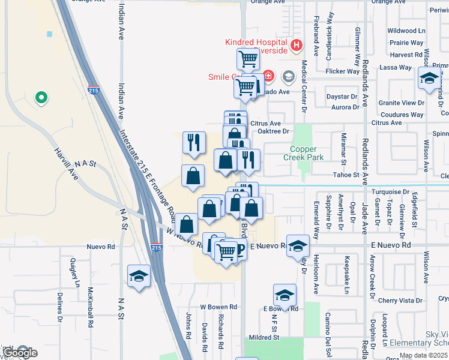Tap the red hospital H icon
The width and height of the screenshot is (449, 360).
295,45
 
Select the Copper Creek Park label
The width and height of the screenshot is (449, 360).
307,153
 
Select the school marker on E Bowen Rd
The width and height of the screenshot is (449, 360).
284,295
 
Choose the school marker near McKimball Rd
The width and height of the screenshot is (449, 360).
139,276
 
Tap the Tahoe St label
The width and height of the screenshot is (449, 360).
346,175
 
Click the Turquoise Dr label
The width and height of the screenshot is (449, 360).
390,191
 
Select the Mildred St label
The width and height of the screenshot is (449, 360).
264,338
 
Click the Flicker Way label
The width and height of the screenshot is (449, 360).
342,71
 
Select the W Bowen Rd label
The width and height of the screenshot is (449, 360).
218,307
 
